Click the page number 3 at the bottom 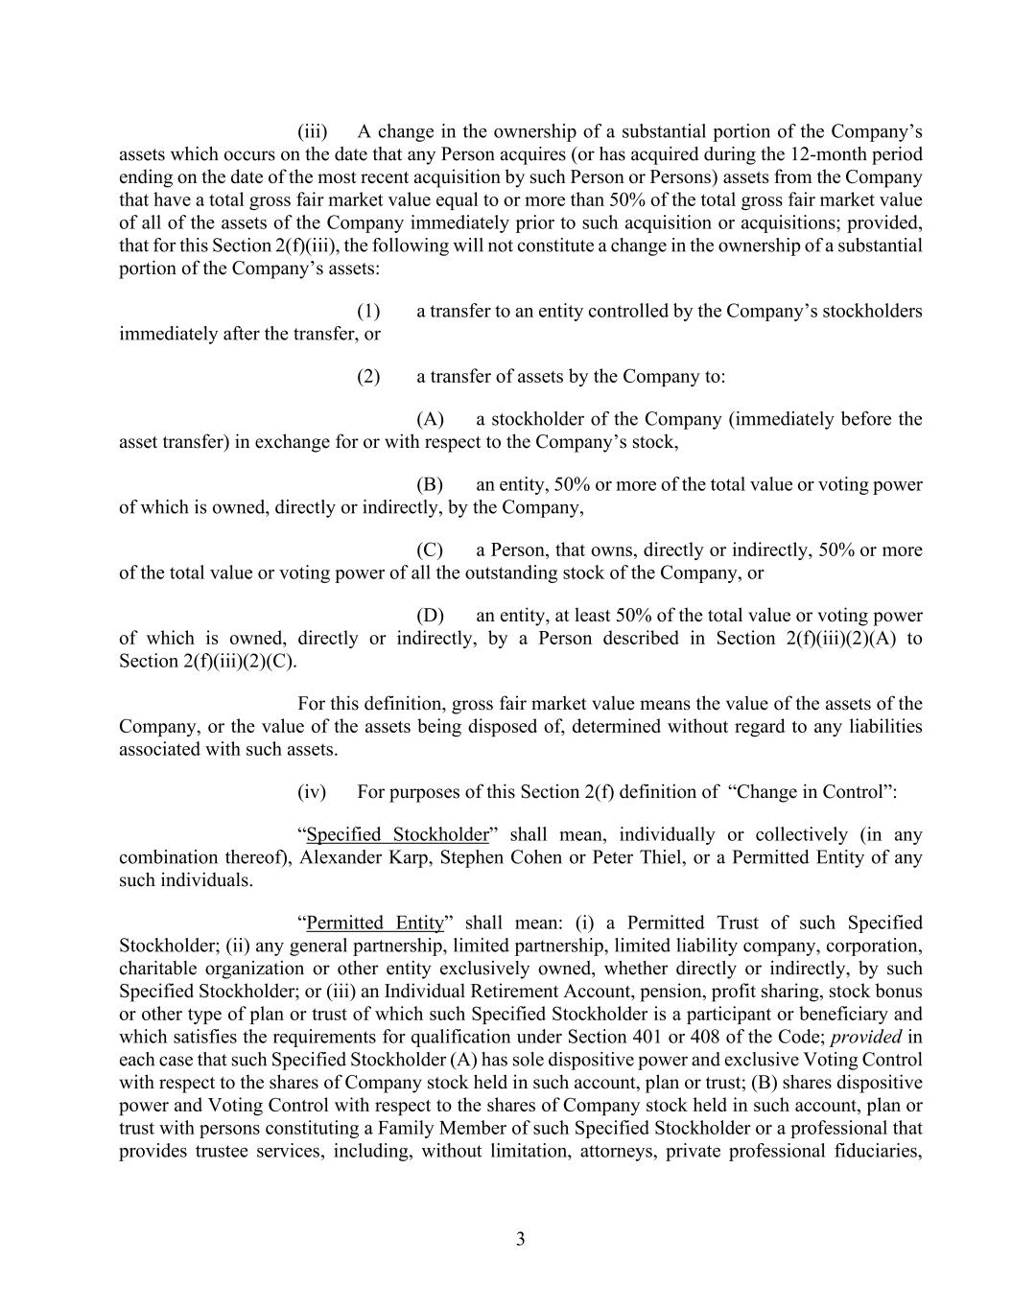pos(520,1239)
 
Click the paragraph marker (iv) pos(312,792)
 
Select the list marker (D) pos(429,616)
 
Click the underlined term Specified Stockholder pos(397,834)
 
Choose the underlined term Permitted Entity pos(375,923)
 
